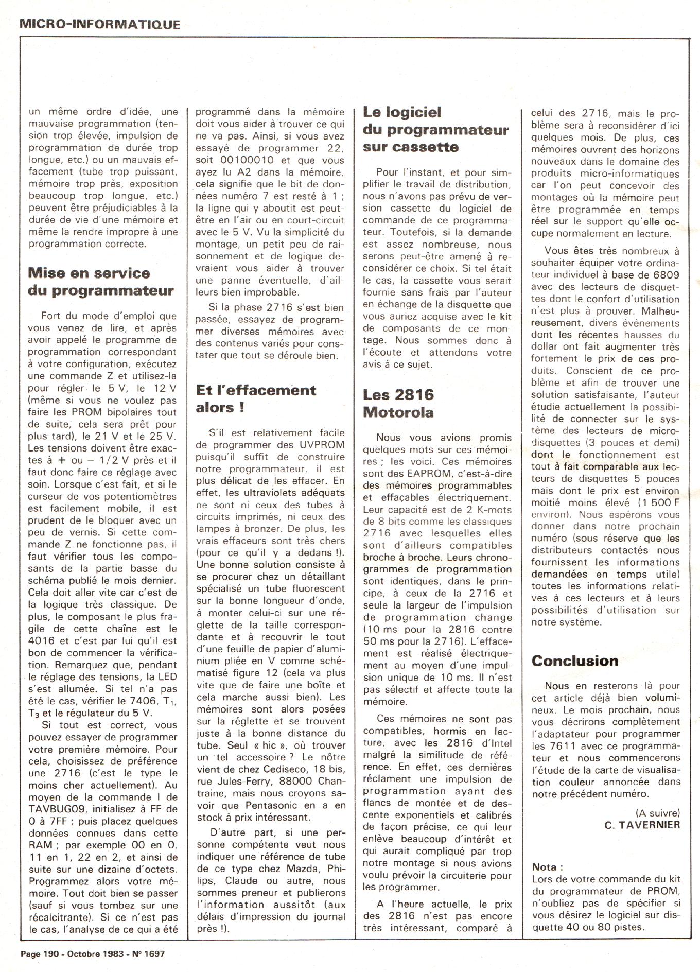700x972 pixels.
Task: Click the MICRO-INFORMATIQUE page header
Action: [100, 24]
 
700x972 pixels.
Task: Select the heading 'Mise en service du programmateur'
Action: [100, 282]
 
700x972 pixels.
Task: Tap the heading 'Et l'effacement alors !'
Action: [256, 398]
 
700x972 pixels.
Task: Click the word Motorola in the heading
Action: [398, 412]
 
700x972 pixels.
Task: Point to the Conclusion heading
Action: [575, 661]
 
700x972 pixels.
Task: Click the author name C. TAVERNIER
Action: [642, 825]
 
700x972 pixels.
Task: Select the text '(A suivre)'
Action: [657, 813]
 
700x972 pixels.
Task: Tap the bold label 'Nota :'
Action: [548, 867]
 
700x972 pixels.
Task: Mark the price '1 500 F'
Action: [659, 502]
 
